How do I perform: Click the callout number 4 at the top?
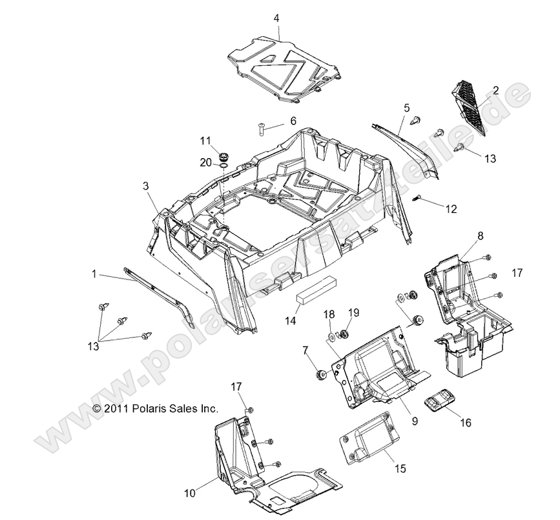pos(276,19)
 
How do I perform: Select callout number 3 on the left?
pos(145,186)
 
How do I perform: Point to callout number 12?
pos(451,208)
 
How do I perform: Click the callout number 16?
pos(465,423)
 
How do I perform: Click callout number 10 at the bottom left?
pos(189,494)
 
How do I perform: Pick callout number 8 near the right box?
pos(481,237)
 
